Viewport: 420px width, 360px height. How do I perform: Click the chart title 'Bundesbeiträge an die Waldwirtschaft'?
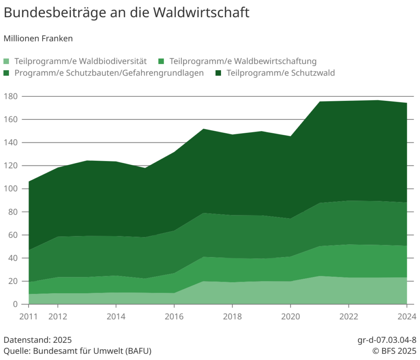click(x=126, y=12)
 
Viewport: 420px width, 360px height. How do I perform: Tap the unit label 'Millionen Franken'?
click(x=38, y=39)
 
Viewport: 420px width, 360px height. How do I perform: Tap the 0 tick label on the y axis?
click(x=15, y=304)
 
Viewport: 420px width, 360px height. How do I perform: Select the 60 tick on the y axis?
click(x=13, y=235)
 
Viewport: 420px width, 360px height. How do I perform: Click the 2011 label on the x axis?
click(x=29, y=317)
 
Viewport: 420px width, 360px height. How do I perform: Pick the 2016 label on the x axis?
click(x=174, y=317)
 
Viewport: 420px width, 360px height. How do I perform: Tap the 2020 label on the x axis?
click(x=290, y=317)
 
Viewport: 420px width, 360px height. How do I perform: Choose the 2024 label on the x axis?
click(x=407, y=317)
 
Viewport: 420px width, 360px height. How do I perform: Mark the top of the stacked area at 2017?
click(x=203, y=129)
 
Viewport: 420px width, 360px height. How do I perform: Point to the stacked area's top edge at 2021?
click(x=320, y=101)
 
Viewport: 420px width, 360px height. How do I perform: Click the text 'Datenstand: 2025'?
click(x=38, y=340)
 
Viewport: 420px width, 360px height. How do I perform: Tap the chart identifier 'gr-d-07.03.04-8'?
click(x=387, y=340)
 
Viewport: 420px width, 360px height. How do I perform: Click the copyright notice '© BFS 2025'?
click(x=394, y=351)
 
